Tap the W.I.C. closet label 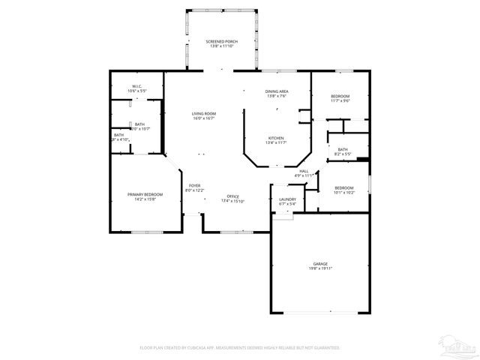pyautogui.click(x=138, y=86)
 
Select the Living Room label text pyautogui.click(x=203, y=113)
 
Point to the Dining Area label pyautogui.click(x=277, y=91)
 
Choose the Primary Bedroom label pyautogui.click(x=145, y=194)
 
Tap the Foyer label pyautogui.click(x=194, y=185)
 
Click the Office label pyautogui.click(x=233, y=196)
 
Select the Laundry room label pyautogui.click(x=288, y=199)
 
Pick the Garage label pyautogui.click(x=320, y=264)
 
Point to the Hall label pyautogui.click(x=304, y=171)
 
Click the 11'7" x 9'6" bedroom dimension pyautogui.click(x=340, y=101)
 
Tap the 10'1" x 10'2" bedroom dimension pyautogui.click(x=344, y=192)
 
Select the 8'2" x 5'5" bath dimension pyautogui.click(x=343, y=154)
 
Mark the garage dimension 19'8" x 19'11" pyautogui.click(x=320, y=268)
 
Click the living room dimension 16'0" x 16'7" pyautogui.click(x=203, y=118)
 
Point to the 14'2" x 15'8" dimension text pyautogui.click(x=145, y=199)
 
